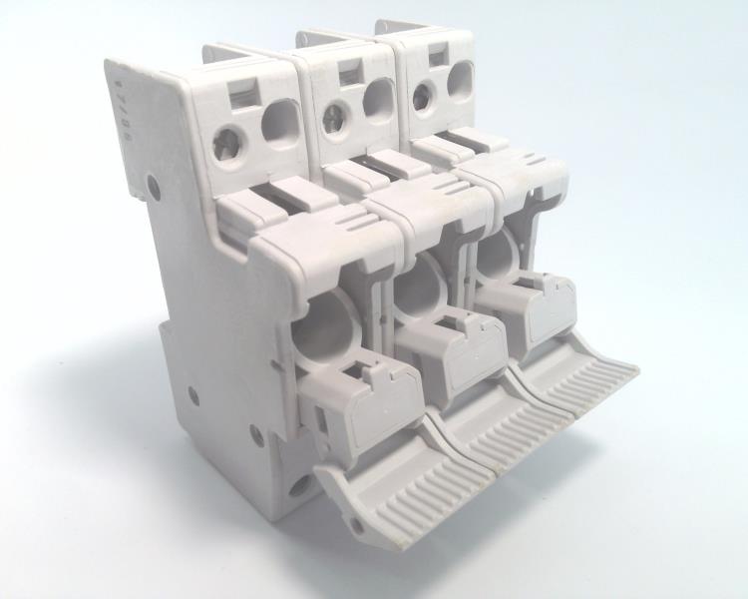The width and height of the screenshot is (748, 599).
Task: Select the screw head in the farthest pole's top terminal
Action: coord(422,94)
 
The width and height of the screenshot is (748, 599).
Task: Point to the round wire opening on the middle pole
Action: coord(379,98)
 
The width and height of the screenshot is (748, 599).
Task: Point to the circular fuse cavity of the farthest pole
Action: coord(495,256)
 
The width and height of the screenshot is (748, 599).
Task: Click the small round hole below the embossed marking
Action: coord(152,184)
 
